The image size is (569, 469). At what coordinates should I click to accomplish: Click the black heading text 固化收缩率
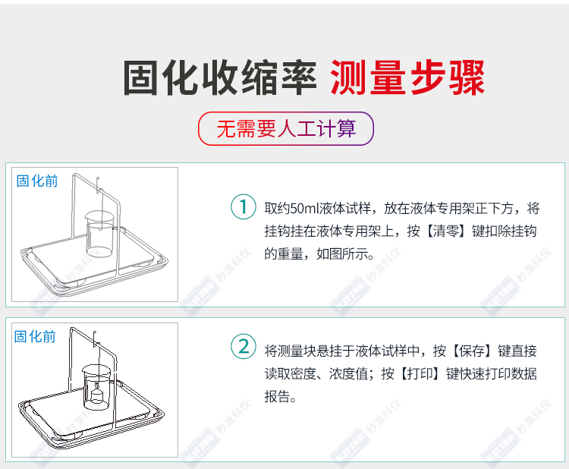(x=220, y=77)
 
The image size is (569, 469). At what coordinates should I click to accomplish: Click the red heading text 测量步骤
(x=407, y=77)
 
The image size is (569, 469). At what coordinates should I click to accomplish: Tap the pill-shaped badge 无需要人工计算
(x=286, y=128)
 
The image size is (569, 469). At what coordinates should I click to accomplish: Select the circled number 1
(x=244, y=206)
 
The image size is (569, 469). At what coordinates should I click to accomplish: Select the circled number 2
(x=244, y=346)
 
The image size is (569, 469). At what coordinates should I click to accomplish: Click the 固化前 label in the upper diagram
(x=37, y=181)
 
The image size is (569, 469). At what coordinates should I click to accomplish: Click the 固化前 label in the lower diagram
(x=35, y=336)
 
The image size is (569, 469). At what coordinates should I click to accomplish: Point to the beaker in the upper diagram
(x=100, y=234)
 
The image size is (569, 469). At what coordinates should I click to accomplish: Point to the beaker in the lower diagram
(x=97, y=387)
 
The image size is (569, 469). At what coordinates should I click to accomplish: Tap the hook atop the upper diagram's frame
(x=98, y=184)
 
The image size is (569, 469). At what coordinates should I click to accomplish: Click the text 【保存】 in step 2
(x=471, y=351)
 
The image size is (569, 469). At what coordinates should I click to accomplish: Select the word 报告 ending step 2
(x=277, y=396)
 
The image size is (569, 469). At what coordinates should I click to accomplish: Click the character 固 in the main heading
(x=141, y=77)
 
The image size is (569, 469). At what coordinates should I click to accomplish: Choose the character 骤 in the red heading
(x=467, y=77)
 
